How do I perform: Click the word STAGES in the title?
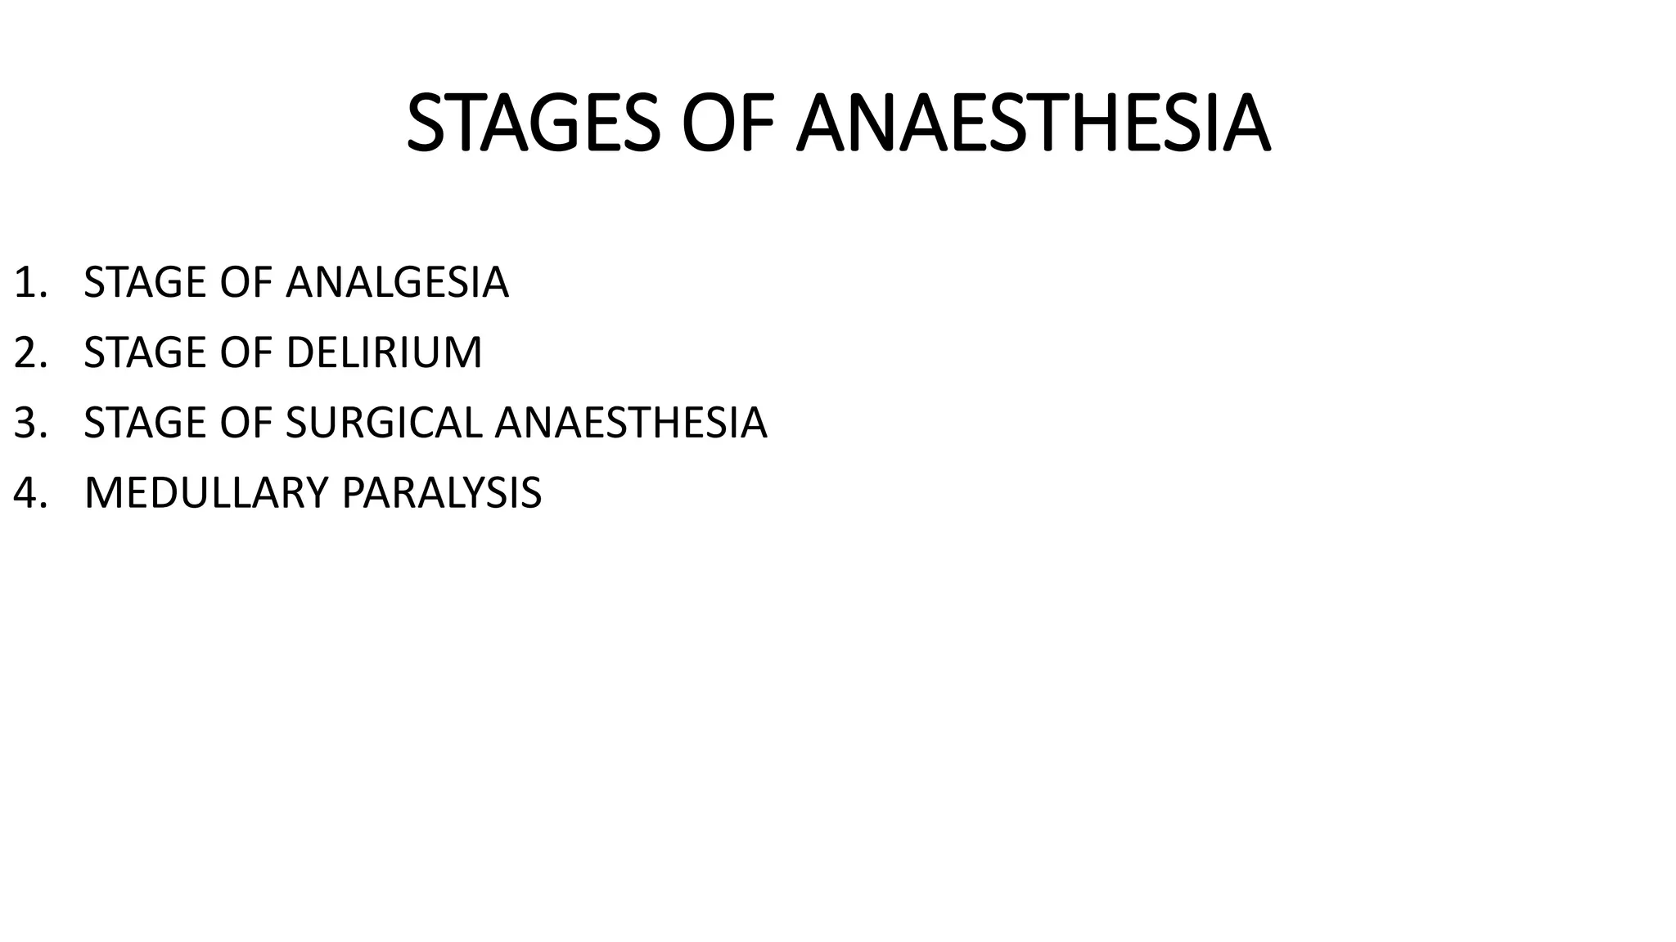pyautogui.click(x=533, y=123)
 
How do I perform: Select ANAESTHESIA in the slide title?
pyautogui.click(x=1034, y=123)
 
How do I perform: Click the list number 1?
pyautogui.click(x=29, y=283)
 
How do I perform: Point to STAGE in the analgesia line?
pyautogui.click(x=145, y=283)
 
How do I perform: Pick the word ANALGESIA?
pyautogui.click(x=397, y=283)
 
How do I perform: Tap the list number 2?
pyautogui.click(x=29, y=353)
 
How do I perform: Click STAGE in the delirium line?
pyautogui.click(x=145, y=353)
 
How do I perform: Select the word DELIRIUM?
pyautogui.click(x=384, y=353)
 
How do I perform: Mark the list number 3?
pyautogui.click(x=29, y=424)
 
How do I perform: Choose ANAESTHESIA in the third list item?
pyautogui.click(x=631, y=424)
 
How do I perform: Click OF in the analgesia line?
pyautogui.click(x=246, y=283)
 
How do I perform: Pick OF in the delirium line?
pyautogui.click(x=246, y=353)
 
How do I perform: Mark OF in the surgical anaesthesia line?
pyautogui.click(x=246, y=424)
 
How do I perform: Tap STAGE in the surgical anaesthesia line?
pyautogui.click(x=145, y=424)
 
